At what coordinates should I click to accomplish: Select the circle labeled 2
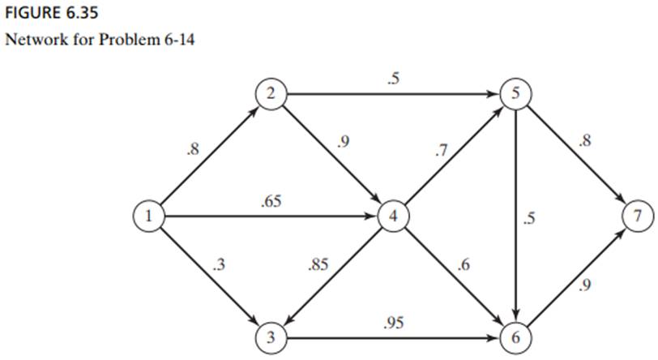[x=270, y=94]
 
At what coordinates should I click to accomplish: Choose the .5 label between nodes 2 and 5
[x=392, y=79]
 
